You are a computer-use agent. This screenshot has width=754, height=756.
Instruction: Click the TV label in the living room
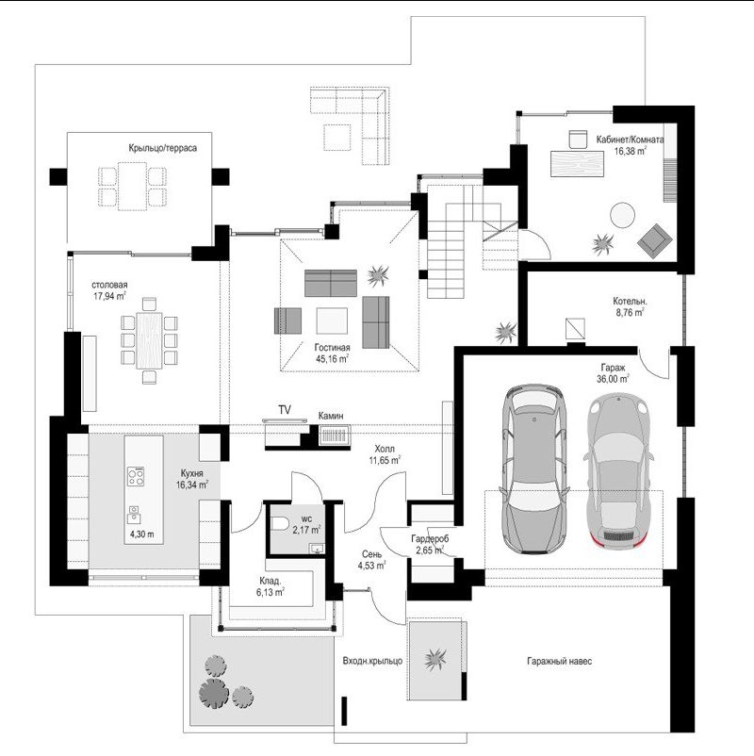285,410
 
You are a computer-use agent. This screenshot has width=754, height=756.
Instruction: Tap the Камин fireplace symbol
335,436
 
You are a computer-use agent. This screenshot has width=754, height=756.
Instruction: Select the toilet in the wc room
280,523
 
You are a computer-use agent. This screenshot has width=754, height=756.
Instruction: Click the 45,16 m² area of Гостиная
332,359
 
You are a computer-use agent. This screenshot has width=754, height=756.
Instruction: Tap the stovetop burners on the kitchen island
136,476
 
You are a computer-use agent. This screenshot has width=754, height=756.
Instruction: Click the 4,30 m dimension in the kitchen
142,534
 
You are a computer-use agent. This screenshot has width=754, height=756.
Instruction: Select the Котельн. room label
630,302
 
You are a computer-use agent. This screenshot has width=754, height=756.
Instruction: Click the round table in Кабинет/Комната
622,215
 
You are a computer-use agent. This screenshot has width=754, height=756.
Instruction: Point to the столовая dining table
150,340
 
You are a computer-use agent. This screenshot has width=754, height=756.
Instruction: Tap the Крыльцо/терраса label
162,148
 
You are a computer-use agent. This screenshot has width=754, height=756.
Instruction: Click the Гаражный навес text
559,661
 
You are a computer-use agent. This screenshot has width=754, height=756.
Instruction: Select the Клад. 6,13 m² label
270,586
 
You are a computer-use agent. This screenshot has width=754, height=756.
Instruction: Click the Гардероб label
430,539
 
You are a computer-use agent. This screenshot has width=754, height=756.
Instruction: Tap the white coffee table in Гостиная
332,320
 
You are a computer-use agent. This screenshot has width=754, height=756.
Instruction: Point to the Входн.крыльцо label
372,661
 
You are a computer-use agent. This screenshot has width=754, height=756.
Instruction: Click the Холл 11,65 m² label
385,454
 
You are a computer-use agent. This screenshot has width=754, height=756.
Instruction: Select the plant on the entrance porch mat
435,660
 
